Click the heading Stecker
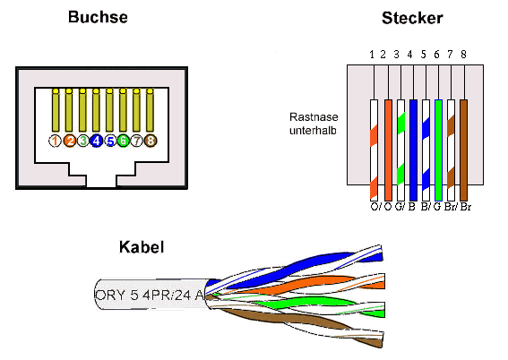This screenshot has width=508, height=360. tap(411, 18)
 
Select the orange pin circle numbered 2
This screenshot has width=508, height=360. tap(69, 141)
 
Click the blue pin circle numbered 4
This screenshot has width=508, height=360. tap(96, 141)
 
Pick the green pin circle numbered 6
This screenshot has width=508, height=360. tap(123, 141)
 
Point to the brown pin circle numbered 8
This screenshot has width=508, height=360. tap(150, 141)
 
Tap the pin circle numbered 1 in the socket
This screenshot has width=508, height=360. tap(56, 141)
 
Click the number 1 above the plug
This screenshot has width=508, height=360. tap(373, 56)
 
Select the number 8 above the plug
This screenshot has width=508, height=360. tap(464, 56)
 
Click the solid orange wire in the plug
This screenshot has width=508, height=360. tap(388, 148)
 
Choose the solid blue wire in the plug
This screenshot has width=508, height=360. tap(414, 148)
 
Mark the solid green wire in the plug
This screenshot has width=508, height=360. tap(439, 148)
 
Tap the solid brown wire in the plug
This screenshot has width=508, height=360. tap(464, 148)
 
